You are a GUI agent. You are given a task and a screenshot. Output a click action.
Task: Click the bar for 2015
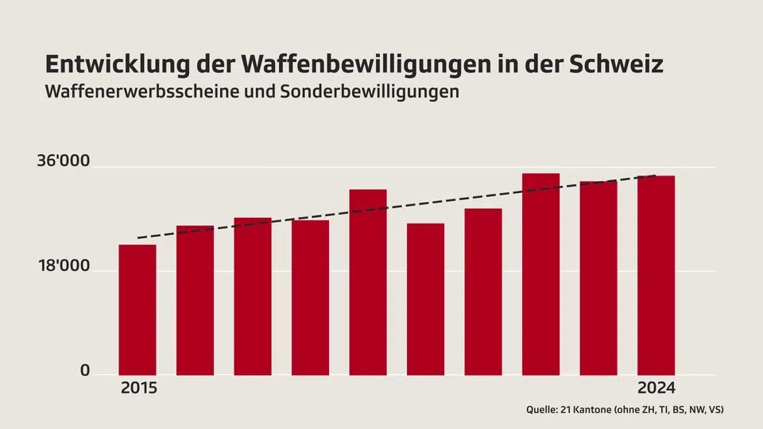click(137, 310)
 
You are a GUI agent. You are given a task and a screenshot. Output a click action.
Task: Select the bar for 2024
click(656, 275)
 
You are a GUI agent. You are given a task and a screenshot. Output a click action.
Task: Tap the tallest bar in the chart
click(540, 274)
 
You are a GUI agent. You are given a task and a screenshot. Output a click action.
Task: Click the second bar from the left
click(195, 300)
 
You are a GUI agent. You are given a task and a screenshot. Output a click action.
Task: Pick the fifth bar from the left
click(368, 282)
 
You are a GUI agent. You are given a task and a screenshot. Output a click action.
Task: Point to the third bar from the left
click(253, 296)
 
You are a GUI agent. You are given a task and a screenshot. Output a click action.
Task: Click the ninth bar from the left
click(598, 278)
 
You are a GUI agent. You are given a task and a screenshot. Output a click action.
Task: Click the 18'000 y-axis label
click(64, 268)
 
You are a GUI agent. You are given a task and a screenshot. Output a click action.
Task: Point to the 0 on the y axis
click(84, 371)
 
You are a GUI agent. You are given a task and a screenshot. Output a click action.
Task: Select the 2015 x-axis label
click(139, 388)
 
